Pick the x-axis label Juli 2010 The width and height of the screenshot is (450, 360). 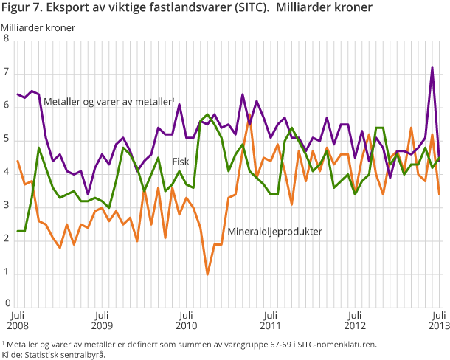pos(186,319)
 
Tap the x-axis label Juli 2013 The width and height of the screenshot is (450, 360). pos(438,319)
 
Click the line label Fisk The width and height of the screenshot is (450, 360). pos(181,161)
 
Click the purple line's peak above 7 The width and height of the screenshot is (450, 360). pos(432,68)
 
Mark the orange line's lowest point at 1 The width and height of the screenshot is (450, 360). pos(207,274)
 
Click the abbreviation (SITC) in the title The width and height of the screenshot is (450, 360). pos(258,8)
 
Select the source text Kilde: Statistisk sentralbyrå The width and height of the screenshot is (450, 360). pos(54,355)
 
